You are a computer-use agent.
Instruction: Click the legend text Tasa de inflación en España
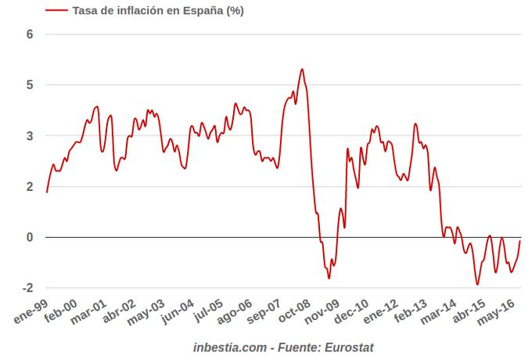[159, 10]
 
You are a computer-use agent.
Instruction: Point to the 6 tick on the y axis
[30, 34]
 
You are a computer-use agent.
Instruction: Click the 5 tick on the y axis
[30, 85]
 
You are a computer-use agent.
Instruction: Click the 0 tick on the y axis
[30, 237]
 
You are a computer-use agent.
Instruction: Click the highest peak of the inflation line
[302, 69]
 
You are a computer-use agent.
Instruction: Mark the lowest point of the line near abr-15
[477, 284]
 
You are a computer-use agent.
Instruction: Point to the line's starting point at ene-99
[47, 192]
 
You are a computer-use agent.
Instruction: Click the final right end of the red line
[520, 241]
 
